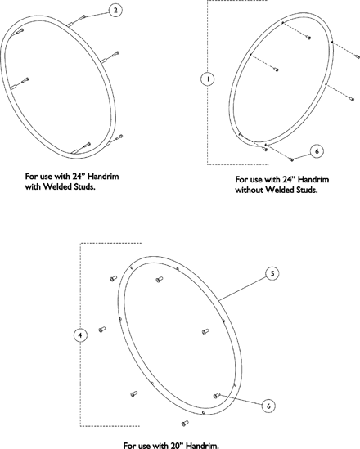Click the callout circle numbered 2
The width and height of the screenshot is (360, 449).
coord(115,11)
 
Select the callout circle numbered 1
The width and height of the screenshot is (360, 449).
coord(208,79)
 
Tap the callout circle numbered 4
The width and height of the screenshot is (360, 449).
coord(80,335)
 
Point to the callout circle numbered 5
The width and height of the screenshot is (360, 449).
coord(272,273)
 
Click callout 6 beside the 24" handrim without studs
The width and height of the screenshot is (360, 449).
coord(317,151)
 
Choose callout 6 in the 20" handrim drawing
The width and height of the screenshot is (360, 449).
coord(268,406)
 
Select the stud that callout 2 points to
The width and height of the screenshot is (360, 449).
coord(81,18)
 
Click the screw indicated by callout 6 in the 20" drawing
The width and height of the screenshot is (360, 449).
coord(217,396)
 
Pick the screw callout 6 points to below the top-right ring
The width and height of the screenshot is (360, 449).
coord(292,159)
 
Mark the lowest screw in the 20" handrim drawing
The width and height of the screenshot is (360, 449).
coord(185,423)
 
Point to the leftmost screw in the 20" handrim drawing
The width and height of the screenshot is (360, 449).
coord(102,330)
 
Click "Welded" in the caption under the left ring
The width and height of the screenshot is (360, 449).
coord(56,186)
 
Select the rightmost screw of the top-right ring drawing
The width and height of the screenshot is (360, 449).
coord(358,56)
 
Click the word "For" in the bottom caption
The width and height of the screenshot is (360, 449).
coord(129,445)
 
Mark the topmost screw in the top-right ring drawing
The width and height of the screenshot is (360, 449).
coord(308,38)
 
